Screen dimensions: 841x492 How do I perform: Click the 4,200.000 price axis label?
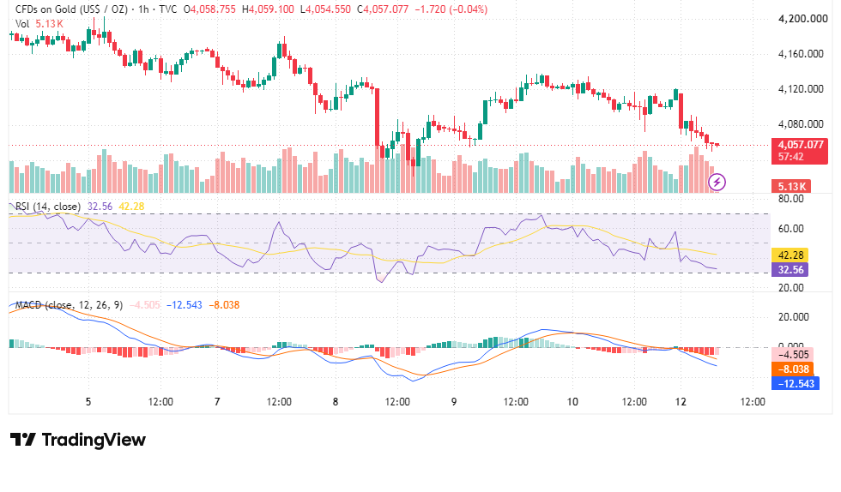(x=803, y=19)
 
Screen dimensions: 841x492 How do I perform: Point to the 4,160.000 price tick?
(x=801, y=54)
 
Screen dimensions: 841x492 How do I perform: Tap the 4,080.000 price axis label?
(x=801, y=124)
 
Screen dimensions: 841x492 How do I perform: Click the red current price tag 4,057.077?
(x=799, y=145)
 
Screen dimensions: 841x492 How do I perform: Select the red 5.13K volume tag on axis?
(x=791, y=187)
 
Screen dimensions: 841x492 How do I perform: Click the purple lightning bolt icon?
(x=717, y=183)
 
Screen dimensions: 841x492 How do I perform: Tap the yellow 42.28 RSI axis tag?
(x=790, y=255)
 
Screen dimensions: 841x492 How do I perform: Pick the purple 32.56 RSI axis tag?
(x=790, y=270)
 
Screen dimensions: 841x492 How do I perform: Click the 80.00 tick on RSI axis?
(x=791, y=199)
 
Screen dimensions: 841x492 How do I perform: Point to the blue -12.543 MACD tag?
(x=796, y=384)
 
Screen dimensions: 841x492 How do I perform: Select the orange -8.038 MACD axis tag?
(x=793, y=369)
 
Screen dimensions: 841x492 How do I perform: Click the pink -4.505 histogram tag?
(x=793, y=355)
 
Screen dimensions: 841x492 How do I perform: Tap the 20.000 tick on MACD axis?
(x=794, y=317)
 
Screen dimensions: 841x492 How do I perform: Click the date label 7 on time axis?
(x=217, y=402)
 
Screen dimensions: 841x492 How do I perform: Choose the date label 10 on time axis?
(x=572, y=402)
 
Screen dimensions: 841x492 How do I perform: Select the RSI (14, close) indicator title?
(x=48, y=207)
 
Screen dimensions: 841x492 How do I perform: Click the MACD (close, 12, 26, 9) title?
(x=69, y=305)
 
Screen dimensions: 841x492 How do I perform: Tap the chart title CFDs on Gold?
(x=45, y=9)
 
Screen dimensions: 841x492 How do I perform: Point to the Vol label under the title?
(x=22, y=24)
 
